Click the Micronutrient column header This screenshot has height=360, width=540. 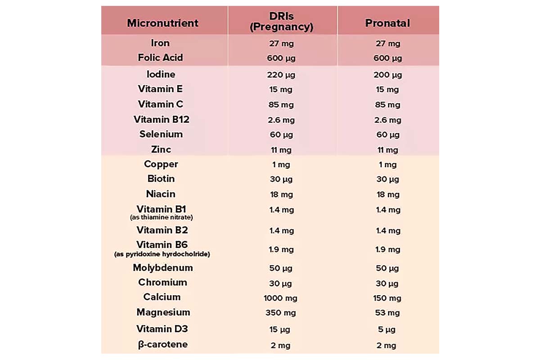pos(162,23)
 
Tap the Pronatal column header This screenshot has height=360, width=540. pos(387,23)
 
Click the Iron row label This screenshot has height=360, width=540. pos(160,43)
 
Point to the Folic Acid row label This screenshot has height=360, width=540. pos(160,58)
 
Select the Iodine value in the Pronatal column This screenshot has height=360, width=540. pos(387,75)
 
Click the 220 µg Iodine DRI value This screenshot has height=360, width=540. pos(281,75)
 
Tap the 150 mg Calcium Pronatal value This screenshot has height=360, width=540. pos(387,298)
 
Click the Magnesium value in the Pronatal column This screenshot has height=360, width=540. pos(387,313)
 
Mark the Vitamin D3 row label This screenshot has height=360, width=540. pos(162,329)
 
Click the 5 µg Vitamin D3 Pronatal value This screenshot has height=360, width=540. pos(387,329)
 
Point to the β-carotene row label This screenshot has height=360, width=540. pos(162,345)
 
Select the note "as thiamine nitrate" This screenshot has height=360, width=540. pos(162,217)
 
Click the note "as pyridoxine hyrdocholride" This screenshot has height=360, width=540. pos(162,254)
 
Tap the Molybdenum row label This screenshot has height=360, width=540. pos(162,268)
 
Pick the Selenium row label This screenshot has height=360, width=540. pos(161,134)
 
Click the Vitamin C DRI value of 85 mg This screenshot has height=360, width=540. pos(281,105)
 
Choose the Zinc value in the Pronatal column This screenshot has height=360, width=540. pos(387,150)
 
